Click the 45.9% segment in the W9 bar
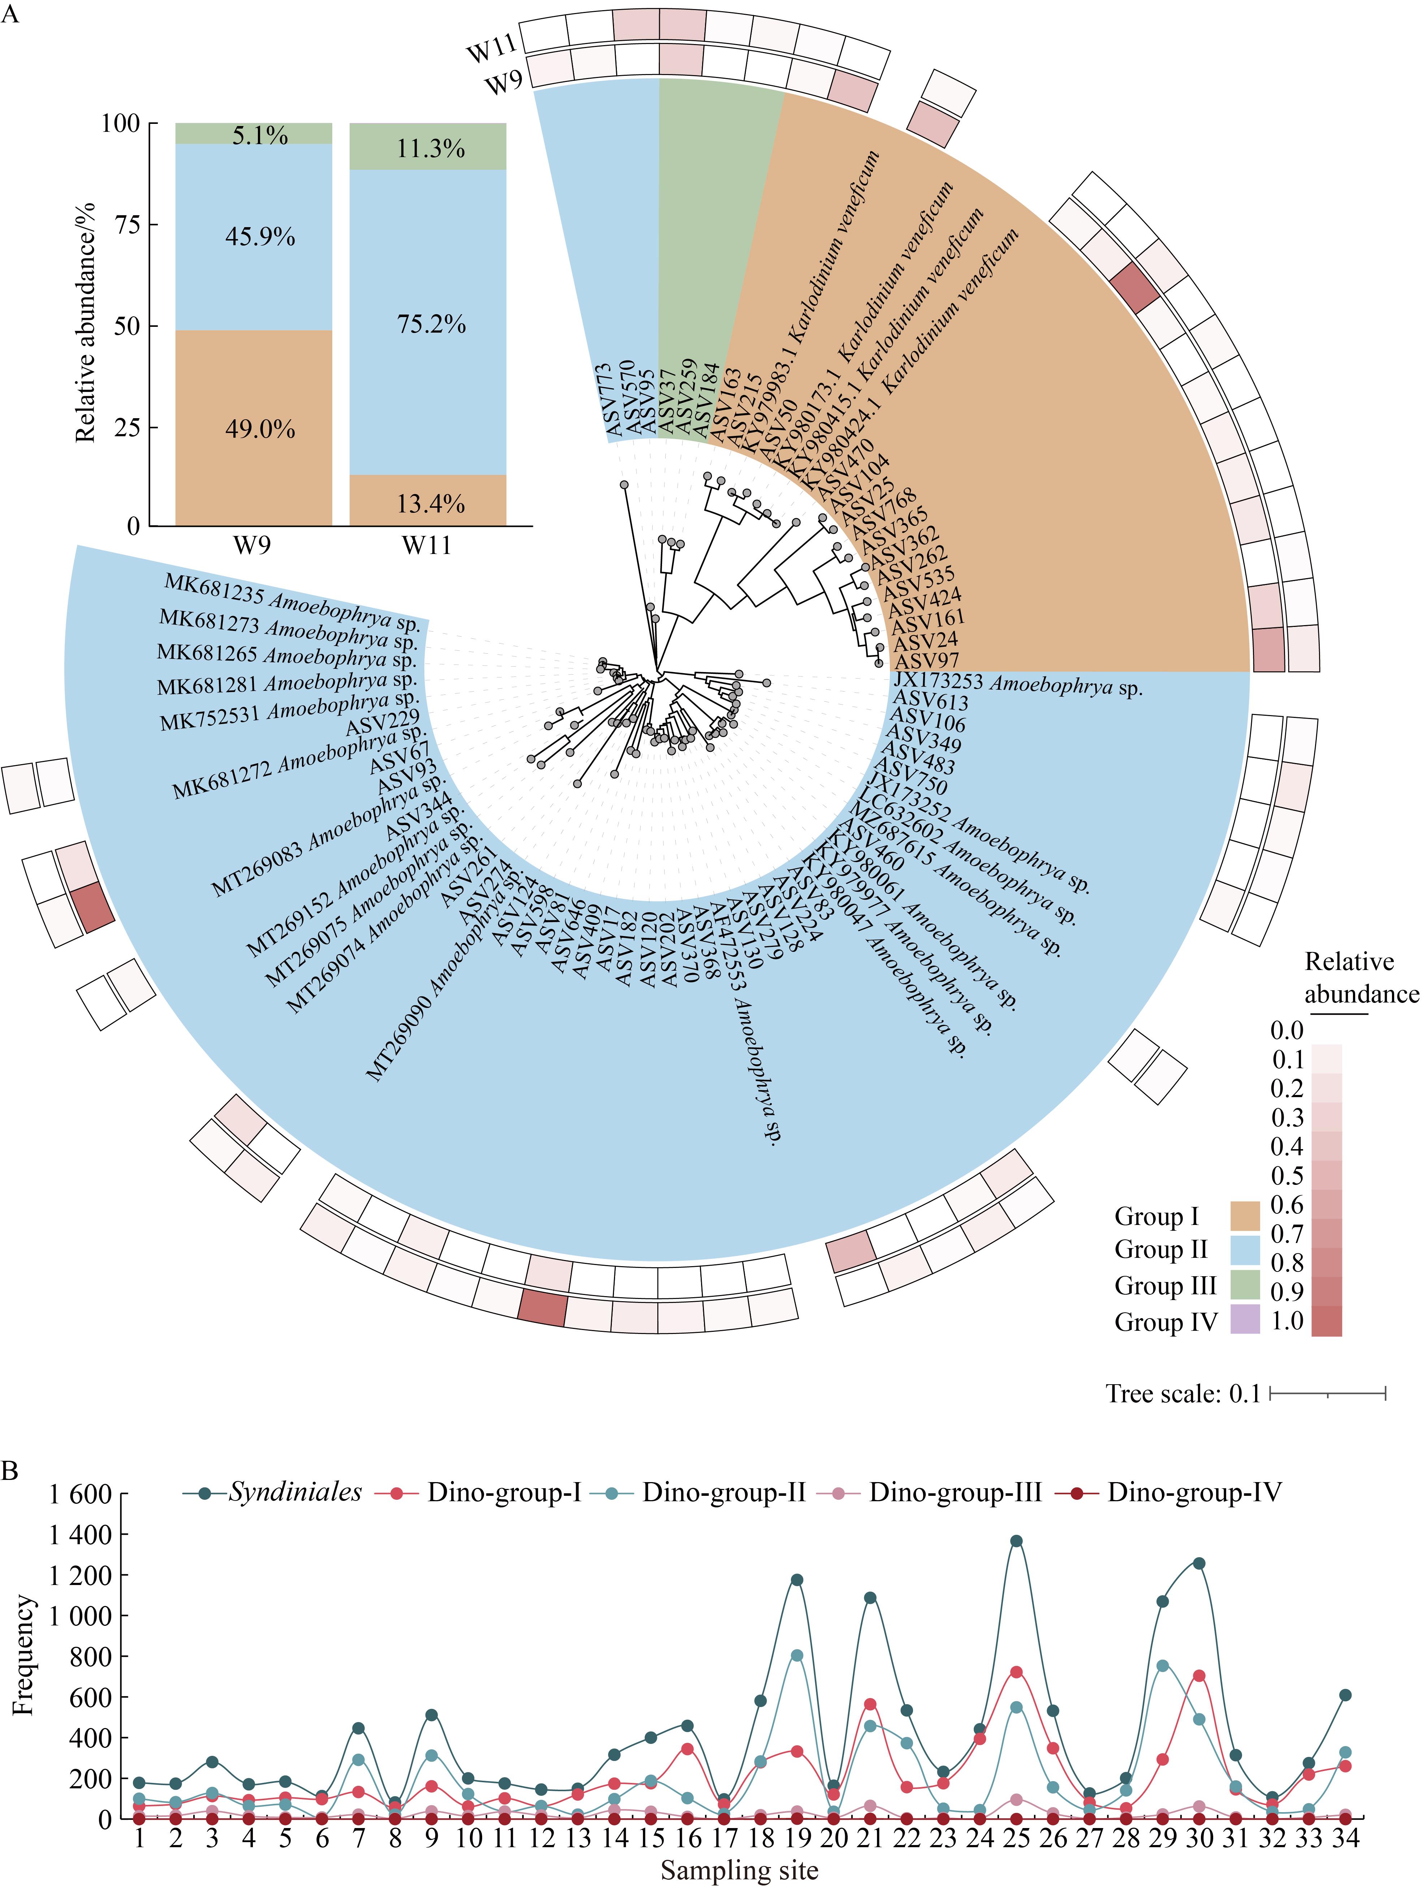click(x=254, y=237)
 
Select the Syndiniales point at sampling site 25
click(x=1016, y=1541)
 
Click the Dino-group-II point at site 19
click(x=796, y=1655)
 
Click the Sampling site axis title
click(x=739, y=1870)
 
